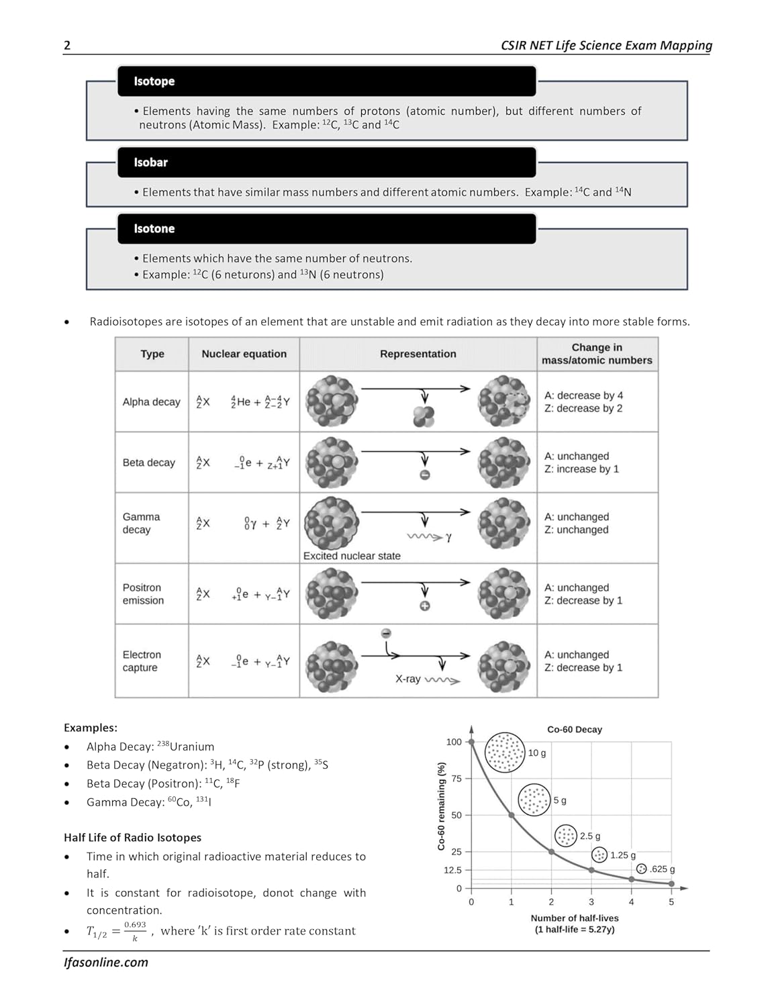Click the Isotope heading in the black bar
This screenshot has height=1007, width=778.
tap(154, 81)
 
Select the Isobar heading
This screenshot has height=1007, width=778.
tap(150, 162)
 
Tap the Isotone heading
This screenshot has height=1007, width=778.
tap(154, 229)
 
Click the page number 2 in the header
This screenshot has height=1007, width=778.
tap(67, 46)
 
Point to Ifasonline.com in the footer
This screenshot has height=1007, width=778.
tap(106, 962)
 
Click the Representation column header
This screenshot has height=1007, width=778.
tap(418, 354)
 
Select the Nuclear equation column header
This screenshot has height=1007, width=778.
tap(244, 354)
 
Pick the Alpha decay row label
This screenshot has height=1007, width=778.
tap(151, 402)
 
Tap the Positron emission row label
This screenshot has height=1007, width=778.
tap(142, 594)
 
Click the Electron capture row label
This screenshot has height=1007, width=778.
tap(141, 661)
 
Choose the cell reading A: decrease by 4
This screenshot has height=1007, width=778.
tap(583, 395)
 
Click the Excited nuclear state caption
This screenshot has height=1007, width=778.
tap(352, 556)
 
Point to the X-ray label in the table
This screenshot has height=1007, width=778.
tap(407, 679)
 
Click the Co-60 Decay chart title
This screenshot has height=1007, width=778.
tap(575, 730)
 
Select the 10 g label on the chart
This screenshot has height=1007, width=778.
tap(537, 753)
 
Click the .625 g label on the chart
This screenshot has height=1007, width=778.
tap(663, 869)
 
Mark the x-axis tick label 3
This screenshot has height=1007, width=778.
tap(591, 902)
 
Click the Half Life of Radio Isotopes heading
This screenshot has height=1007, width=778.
tap(132, 838)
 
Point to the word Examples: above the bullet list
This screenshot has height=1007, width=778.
tap(91, 728)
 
